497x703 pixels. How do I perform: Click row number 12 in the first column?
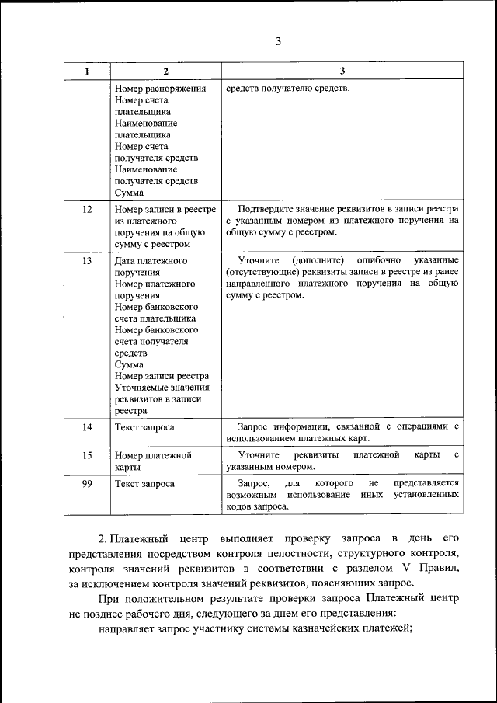(x=87, y=209)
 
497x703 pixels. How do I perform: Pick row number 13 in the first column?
(x=87, y=260)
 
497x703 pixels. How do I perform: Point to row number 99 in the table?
(x=87, y=483)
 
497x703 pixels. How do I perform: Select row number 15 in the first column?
(x=87, y=454)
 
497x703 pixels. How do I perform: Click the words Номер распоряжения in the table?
(x=159, y=88)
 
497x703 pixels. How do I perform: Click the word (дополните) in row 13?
(x=320, y=260)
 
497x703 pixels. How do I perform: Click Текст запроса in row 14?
(x=144, y=427)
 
